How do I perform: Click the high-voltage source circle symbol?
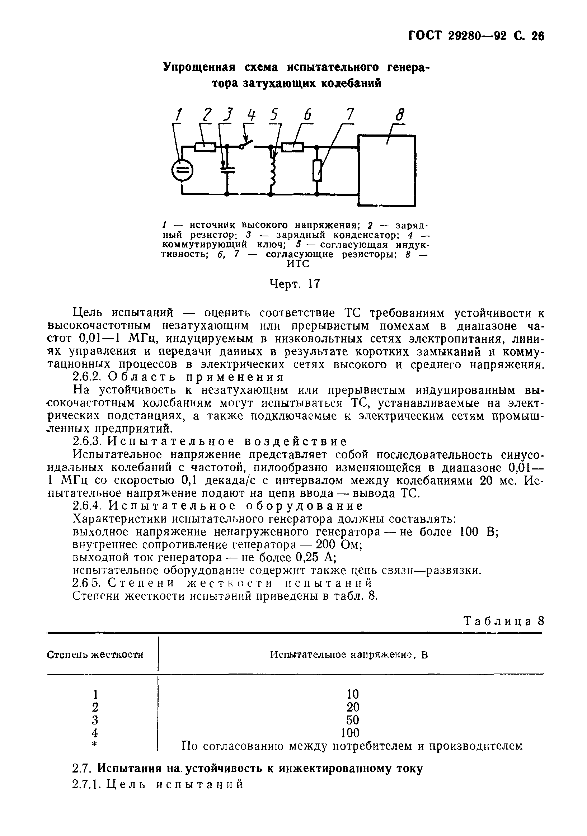pyautogui.click(x=182, y=170)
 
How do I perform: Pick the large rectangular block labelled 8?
pyautogui.click(x=386, y=170)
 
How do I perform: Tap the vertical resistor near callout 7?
pyautogui.click(x=317, y=170)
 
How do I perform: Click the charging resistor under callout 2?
pyautogui.click(x=206, y=147)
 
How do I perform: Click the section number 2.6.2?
pyautogui.click(x=87, y=377)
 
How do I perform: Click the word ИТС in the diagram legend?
pyautogui.click(x=298, y=264)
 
